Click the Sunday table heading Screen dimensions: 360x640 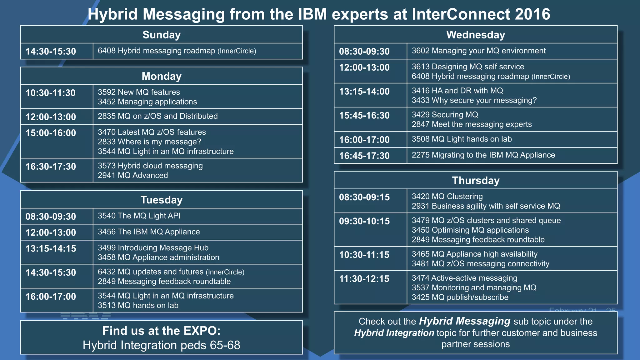[x=161, y=35]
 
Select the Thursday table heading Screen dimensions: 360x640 [x=475, y=181]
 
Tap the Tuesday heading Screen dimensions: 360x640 [x=161, y=200]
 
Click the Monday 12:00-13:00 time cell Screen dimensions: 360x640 [x=51, y=117]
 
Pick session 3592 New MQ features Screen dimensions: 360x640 [x=139, y=92]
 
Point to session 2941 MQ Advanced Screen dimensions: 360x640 [x=133, y=175]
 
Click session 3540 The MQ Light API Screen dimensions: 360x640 [x=139, y=216]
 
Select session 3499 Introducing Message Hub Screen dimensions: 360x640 [x=153, y=248]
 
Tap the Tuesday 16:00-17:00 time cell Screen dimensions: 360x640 [x=51, y=297]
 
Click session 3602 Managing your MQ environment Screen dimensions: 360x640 [x=478, y=51]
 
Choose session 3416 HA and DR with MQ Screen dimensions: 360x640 [x=457, y=91]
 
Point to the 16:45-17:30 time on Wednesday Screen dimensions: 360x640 [x=364, y=156]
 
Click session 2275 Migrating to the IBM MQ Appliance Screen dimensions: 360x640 [x=483, y=155]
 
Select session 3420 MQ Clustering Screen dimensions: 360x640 [x=447, y=196]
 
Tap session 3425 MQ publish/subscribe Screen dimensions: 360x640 [x=460, y=297]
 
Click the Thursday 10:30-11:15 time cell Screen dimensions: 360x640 [x=364, y=255]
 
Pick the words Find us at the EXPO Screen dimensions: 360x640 [x=161, y=331]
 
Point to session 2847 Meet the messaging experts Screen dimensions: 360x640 [x=471, y=124]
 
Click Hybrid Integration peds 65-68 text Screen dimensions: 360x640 [x=161, y=345]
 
